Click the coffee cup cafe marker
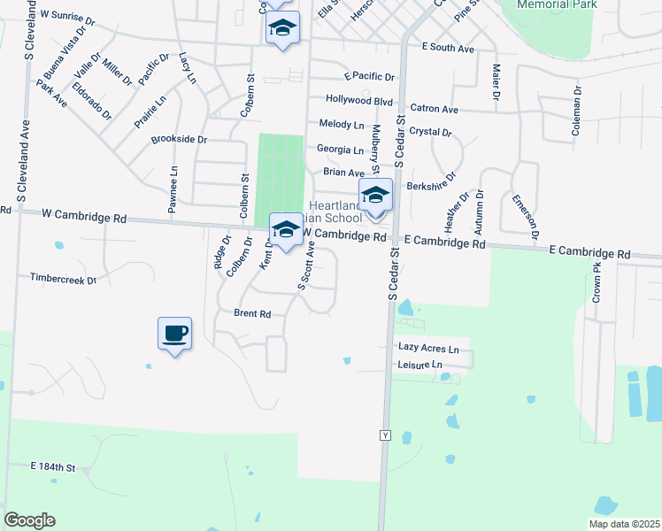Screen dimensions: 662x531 (x=174, y=334)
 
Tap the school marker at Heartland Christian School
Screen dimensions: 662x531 (x=375, y=196)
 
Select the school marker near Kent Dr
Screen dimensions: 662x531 (x=285, y=230)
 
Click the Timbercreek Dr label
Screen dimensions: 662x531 (x=62, y=278)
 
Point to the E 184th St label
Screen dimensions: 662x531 (x=54, y=466)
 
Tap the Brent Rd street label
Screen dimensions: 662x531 (x=252, y=313)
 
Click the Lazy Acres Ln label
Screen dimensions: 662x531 (x=428, y=350)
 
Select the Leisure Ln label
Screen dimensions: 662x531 (x=420, y=365)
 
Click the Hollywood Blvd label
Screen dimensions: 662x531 (x=358, y=101)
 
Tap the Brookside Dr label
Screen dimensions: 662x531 (x=179, y=140)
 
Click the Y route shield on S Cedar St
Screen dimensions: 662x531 (x=385, y=435)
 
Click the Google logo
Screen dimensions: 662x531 (x=29, y=520)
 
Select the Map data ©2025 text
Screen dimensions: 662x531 (x=623, y=524)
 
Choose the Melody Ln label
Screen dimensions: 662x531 (x=342, y=125)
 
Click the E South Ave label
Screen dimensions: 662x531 (x=450, y=46)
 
